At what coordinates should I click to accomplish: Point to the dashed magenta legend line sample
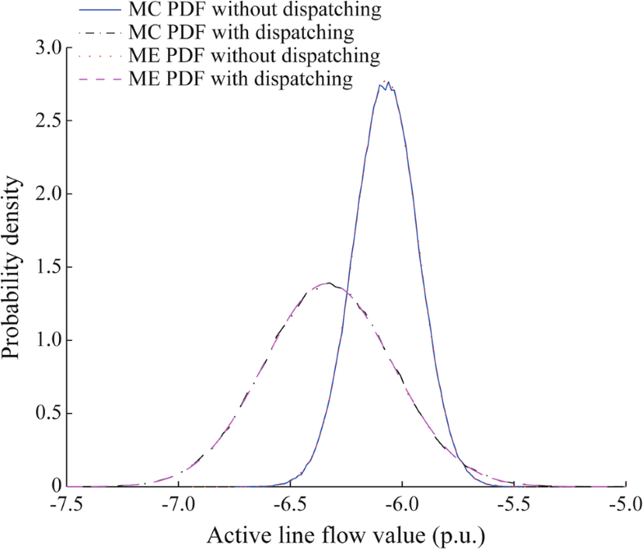pyautogui.click(x=101, y=80)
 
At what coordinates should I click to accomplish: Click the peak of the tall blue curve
pyautogui.click(x=386, y=81)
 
